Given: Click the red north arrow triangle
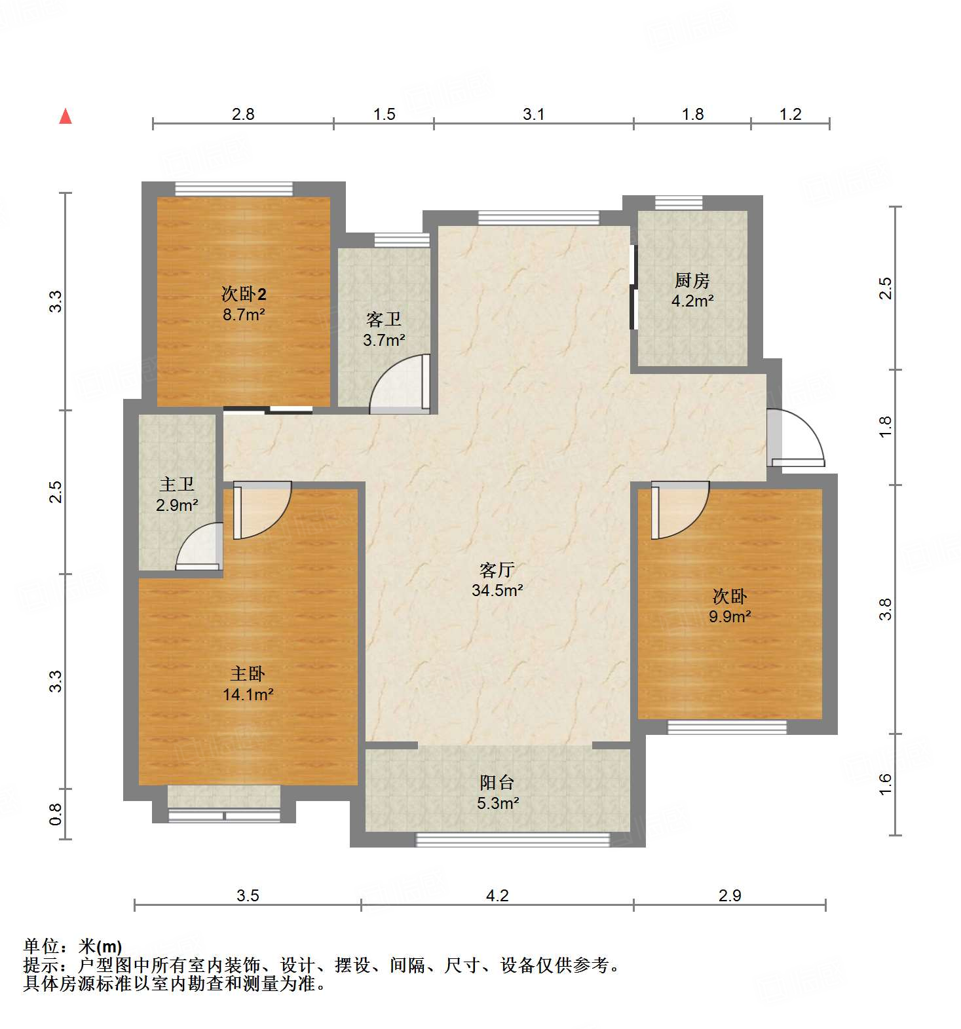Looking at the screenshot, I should (x=66, y=117).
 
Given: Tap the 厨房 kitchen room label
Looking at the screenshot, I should (x=692, y=280).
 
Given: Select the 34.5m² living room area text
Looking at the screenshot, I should (x=497, y=590).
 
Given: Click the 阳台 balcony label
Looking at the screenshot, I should (x=497, y=782).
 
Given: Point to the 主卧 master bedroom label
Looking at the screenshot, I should (x=248, y=673).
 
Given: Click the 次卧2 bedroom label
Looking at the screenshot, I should (x=244, y=293).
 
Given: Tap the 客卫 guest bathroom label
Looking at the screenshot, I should (x=384, y=319).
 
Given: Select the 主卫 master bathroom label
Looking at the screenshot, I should (x=177, y=484).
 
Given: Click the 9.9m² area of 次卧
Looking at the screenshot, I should (x=730, y=616).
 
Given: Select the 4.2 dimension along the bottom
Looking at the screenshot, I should (x=497, y=895).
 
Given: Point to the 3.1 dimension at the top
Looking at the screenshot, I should (x=533, y=115).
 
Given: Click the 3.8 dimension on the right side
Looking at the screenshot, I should (x=885, y=609).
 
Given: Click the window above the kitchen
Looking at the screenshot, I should (x=679, y=202).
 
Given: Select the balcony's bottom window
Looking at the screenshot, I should (x=513, y=839).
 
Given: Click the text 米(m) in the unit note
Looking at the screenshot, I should (x=100, y=946).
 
